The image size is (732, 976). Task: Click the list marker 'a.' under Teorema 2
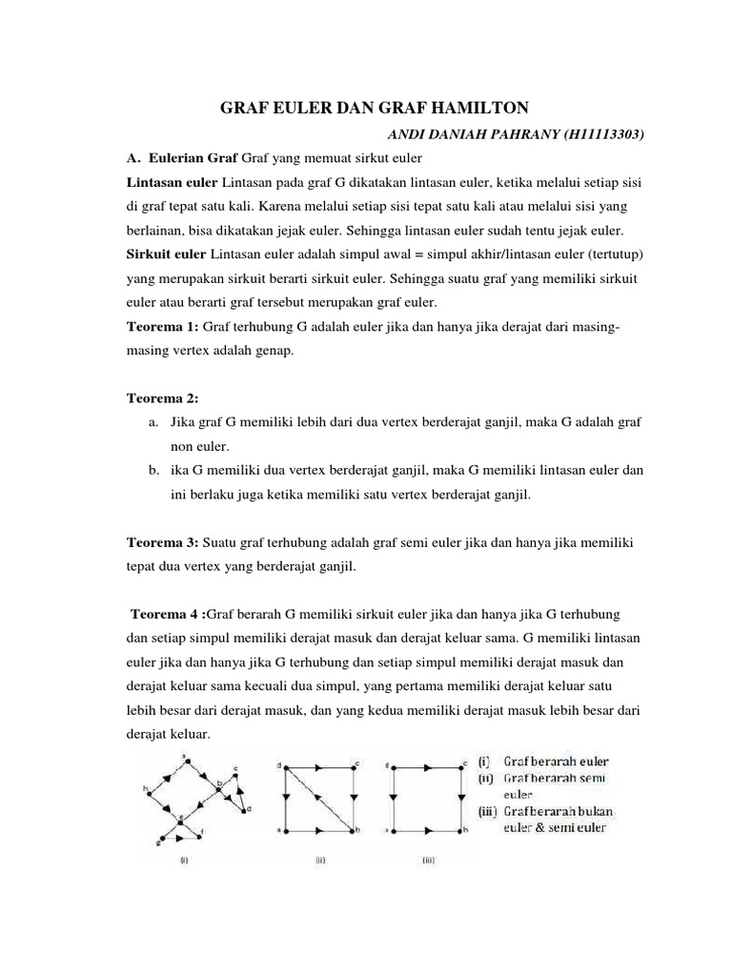tap(153, 421)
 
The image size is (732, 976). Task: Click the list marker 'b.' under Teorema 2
tap(153, 470)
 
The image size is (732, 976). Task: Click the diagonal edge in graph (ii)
tap(317, 797)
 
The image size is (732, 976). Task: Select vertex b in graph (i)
tap(219, 784)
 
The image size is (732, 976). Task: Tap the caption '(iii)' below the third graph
tap(429, 859)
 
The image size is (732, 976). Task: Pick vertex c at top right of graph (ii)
tap(356, 763)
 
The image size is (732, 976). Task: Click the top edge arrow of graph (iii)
tap(425, 765)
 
